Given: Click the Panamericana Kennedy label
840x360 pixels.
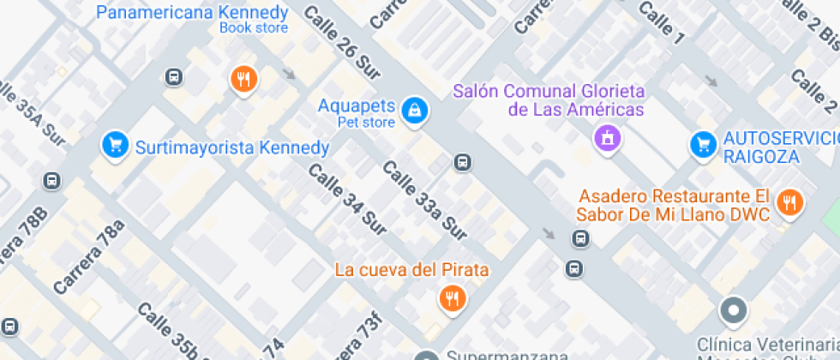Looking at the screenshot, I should [x=192, y=13].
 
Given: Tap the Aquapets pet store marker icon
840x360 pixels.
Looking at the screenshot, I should [x=415, y=110].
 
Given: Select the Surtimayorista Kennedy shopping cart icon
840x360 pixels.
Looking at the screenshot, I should [x=114, y=147].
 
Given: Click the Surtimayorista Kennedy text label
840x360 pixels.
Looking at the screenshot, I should [x=232, y=147].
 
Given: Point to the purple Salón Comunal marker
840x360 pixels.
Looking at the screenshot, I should [x=608, y=137].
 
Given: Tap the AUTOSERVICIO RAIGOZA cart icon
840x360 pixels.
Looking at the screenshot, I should [x=704, y=144].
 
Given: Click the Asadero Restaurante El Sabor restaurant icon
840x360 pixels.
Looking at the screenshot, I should [x=788, y=203].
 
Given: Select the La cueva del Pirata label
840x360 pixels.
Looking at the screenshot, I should [x=411, y=270].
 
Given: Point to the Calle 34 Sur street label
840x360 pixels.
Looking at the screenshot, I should [x=347, y=198].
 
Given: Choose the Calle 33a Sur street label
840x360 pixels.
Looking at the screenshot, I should [x=425, y=201].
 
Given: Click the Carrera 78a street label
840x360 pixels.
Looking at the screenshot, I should [x=88, y=257].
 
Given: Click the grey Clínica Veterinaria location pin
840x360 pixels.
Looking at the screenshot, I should [x=734, y=311].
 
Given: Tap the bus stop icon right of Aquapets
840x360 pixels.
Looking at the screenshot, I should [x=462, y=161].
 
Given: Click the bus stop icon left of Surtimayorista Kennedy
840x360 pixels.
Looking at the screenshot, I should [x=52, y=181].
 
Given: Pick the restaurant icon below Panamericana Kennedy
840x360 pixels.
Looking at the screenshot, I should [x=244, y=80].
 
